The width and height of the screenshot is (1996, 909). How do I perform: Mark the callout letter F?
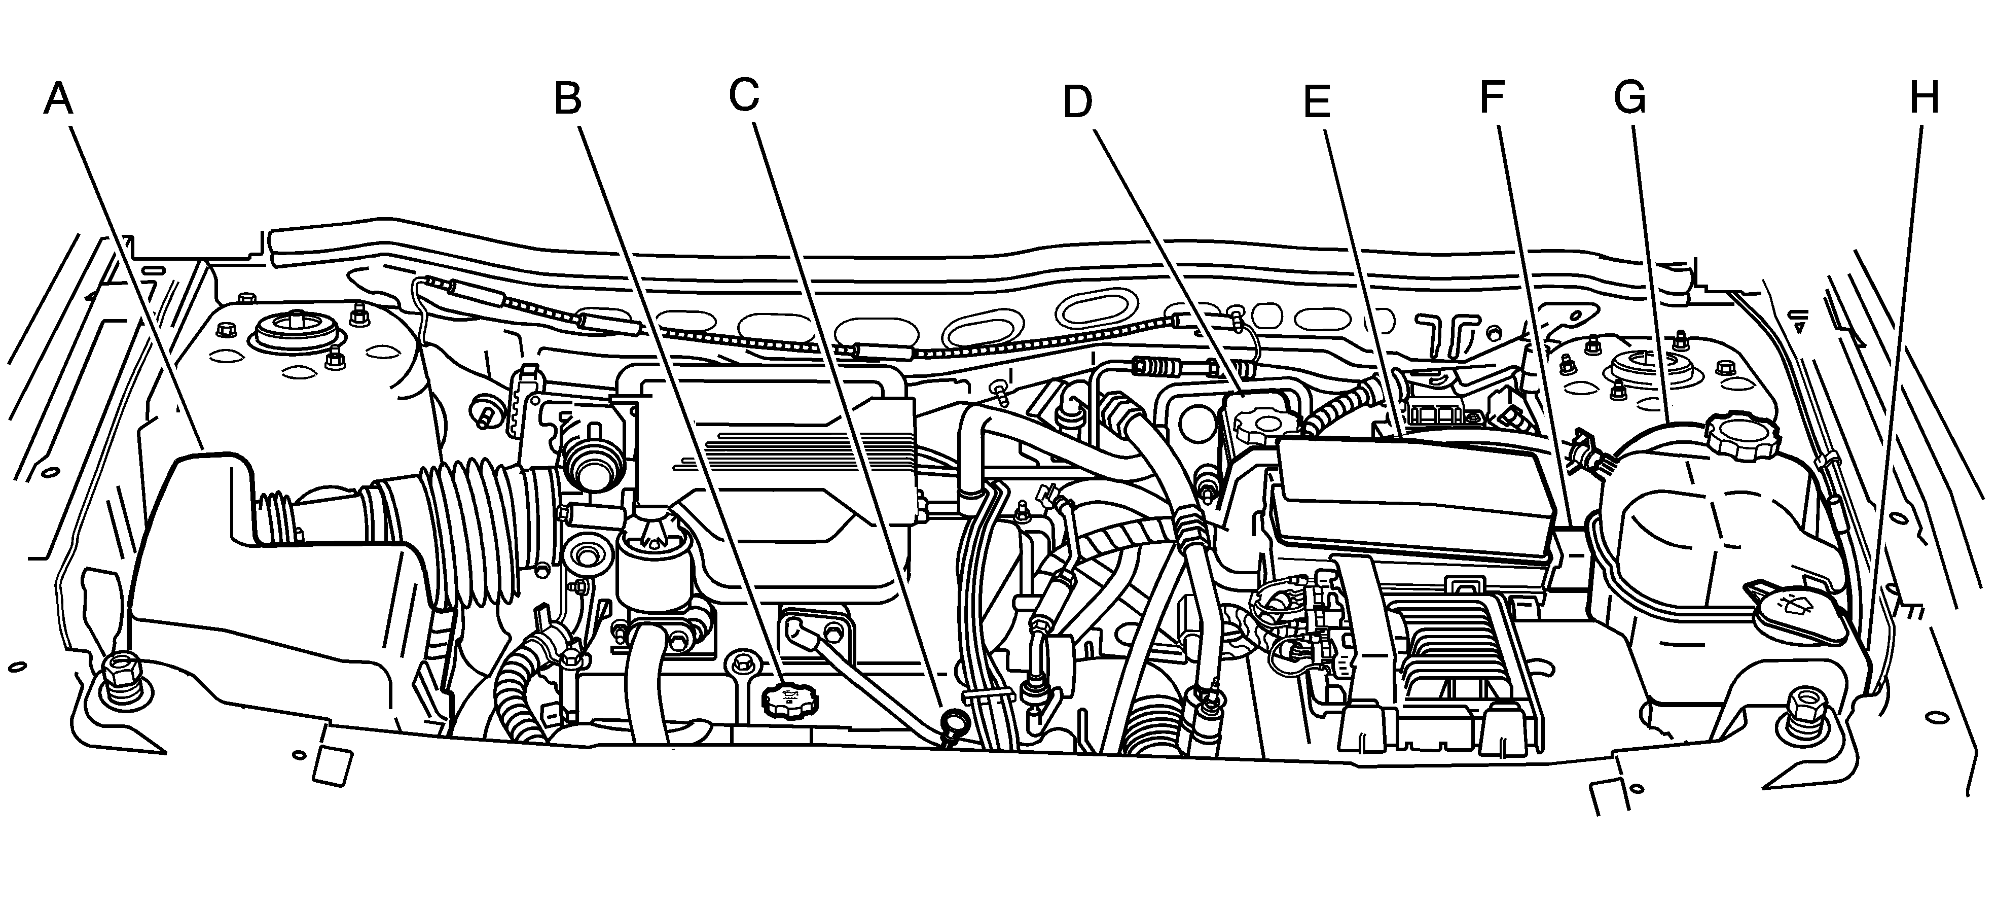(1492, 97)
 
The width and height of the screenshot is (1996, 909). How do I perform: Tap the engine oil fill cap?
(789, 701)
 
